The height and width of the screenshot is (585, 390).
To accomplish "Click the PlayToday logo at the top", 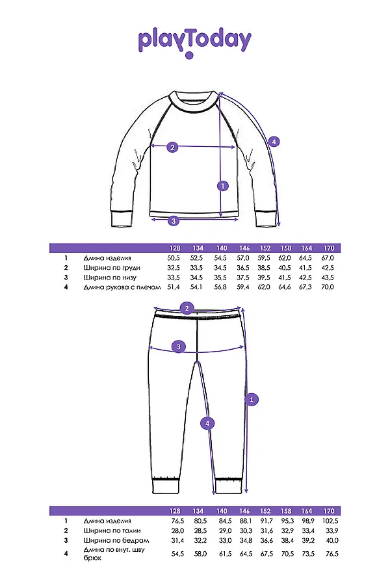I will [194, 41].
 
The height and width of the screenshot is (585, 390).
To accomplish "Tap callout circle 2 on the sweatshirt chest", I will [172, 147].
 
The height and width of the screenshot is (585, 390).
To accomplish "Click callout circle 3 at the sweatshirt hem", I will [174, 220].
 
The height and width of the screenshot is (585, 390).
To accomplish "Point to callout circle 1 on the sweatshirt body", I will [223, 186].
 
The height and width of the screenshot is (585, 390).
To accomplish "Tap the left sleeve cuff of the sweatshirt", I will [122, 219].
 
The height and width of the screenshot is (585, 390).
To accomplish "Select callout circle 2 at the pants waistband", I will [187, 308].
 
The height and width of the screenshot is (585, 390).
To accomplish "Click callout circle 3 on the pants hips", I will [179, 346].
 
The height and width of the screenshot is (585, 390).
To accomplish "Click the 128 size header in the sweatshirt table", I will [174, 248].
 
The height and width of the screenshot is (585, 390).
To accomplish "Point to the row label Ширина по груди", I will [112, 268].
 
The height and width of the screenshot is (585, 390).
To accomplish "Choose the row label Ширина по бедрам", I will [116, 540].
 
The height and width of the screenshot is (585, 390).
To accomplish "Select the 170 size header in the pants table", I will [329, 511].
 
